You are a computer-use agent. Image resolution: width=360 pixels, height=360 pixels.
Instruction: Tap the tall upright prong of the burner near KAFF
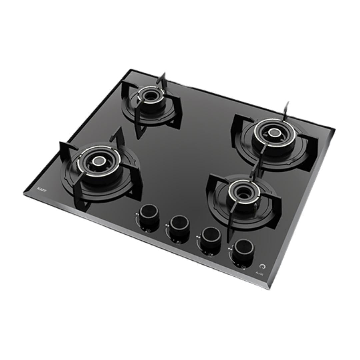coord(118,137)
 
